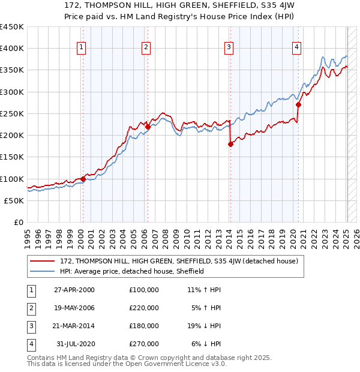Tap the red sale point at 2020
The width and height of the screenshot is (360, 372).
click(x=298, y=104)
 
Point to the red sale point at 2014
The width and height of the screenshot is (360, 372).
click(x=230, y=144)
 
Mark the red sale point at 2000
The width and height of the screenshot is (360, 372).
click(x=83, y=179)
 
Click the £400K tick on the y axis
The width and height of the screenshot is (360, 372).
click(x=12, y=49)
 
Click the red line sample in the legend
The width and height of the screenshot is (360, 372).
click(x=43, y=261)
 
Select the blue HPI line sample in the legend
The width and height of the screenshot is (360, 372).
click(x=43, y=271)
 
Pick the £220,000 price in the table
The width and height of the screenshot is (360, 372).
click(x=143, y=308)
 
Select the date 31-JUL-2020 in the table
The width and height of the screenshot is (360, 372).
click(x=74, y=344)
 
